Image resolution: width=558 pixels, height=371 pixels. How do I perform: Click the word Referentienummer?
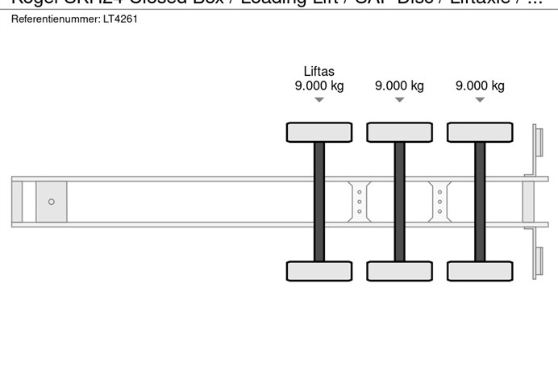[x=50, y=19]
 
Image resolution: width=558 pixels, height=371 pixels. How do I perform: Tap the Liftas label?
[x=319, y=71]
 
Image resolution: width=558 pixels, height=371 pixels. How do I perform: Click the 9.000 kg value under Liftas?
[x=319, y=86]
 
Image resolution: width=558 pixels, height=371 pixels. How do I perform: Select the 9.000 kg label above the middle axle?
[x=399, y=86]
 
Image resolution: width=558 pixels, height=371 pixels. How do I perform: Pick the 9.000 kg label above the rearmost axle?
[x=480, y=86]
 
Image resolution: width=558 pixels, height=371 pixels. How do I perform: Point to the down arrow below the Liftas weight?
[x=319, y=100]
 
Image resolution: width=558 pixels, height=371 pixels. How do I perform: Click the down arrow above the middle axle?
[x=399, y=100]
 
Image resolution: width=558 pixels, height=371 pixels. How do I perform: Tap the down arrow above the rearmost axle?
[x=480, y=100]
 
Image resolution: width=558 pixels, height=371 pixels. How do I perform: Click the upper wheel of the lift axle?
[x=319, y=131]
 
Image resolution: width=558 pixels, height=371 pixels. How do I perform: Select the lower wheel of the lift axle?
[x=319, y=271]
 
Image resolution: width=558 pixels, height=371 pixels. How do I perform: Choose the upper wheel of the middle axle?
[x=399, y=131]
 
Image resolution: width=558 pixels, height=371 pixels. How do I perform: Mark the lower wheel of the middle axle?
[x=399, y=271]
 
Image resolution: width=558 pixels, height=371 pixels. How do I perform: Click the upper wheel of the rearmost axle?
[x=480, y=131]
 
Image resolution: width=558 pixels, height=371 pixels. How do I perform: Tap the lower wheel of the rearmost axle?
[x=480, y=271]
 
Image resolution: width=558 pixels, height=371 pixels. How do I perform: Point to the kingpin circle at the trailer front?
[x=52, y=202]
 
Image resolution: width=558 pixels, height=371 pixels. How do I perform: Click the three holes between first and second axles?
[x=359, y=201]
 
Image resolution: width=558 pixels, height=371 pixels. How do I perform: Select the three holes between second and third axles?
[x=439, y=201]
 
